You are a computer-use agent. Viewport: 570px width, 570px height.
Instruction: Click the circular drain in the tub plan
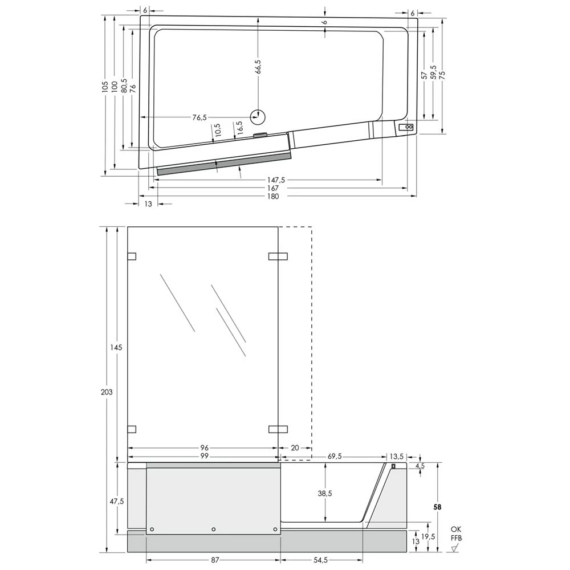[x=258, y=117]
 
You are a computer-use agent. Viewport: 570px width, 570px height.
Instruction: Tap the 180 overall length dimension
[x=272, y=196]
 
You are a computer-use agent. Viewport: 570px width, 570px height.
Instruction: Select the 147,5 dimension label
[x=275, y=180]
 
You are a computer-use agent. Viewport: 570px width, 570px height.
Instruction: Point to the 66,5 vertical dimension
[x=258, y=67]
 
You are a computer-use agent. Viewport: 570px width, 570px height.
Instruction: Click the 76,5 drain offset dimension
[x=199, y=117]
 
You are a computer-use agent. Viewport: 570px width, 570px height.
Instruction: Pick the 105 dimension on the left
[x=105, y=87]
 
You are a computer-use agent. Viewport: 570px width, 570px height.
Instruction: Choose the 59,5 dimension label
[x=433, y=73]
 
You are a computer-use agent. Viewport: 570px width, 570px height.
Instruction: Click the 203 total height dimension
[x=107, y=392]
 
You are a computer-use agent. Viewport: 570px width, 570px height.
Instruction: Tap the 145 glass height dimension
[x=116, y=348]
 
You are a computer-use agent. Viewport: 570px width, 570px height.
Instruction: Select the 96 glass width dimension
[x=204, y=448]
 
